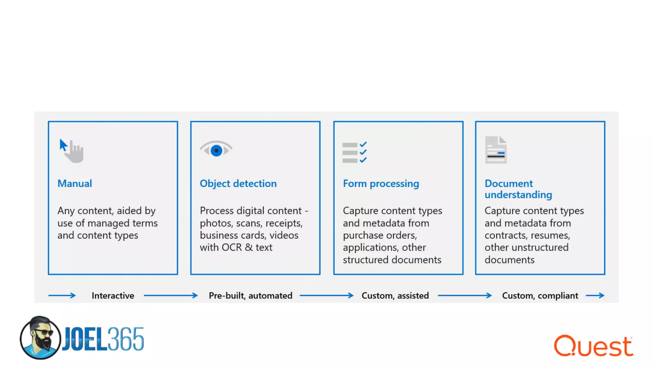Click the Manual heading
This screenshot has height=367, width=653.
75,183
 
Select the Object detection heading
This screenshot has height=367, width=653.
238,183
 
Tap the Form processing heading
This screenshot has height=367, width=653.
381,183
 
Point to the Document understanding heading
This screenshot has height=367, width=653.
518,189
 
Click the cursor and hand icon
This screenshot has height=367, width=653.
72,151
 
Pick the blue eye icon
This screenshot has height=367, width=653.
216,150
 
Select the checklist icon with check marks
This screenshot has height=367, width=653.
355,152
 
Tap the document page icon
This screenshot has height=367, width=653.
496,150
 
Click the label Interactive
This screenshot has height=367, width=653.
113,296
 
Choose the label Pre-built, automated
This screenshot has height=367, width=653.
250,296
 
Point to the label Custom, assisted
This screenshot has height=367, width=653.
395,296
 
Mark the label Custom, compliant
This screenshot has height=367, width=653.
540,296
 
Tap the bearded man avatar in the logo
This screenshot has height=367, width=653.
40,338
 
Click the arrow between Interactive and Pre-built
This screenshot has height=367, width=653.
171,296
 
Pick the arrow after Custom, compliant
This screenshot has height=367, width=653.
595,296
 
